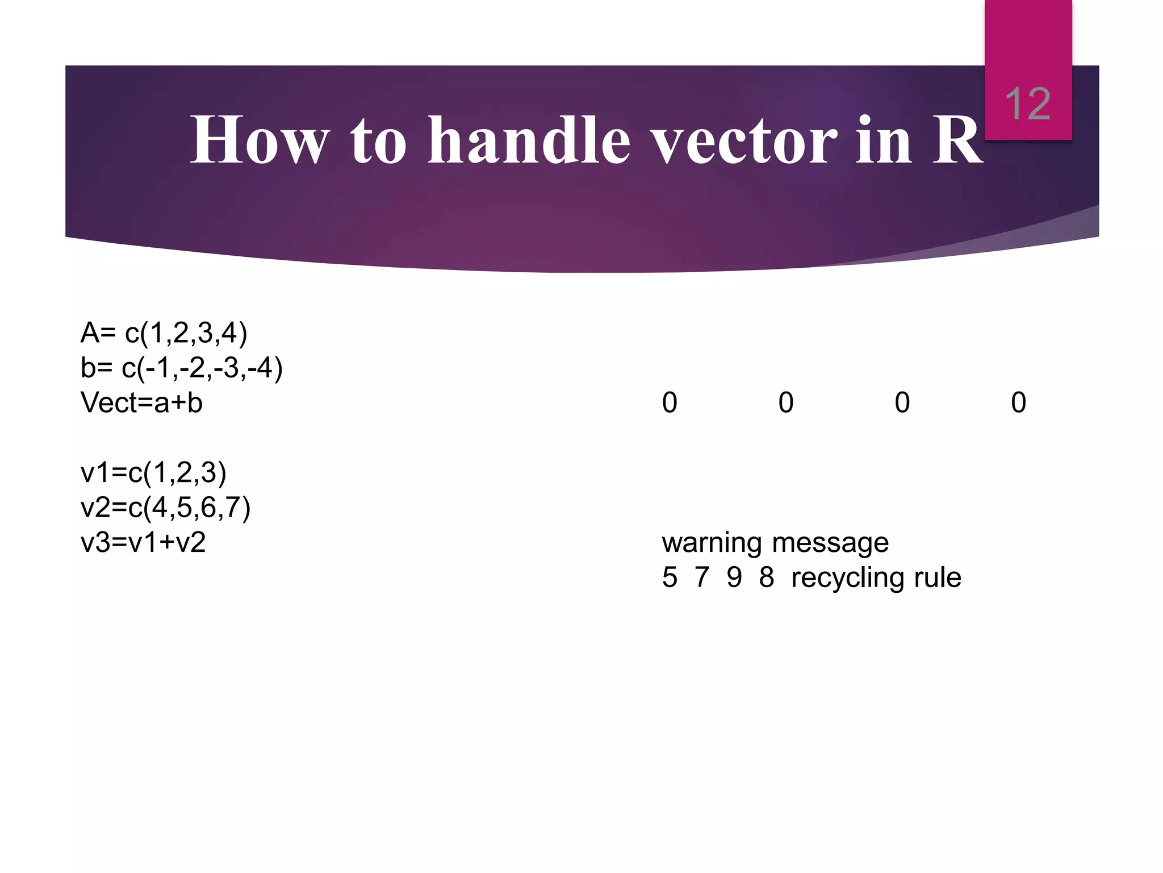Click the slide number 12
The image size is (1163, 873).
point(1027,105)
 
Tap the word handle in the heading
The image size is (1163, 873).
point(529,140)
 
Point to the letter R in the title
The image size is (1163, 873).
point(957,140)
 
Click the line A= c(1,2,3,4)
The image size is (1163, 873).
point(164,333)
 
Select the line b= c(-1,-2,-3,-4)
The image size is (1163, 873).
point(181,368)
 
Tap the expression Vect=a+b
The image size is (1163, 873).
point(141,403)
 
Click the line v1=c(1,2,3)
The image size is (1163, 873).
point(153,473)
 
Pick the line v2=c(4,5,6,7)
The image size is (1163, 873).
point(165,508)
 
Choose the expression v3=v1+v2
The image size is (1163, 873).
point(143,543)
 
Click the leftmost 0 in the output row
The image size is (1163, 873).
point(670,403)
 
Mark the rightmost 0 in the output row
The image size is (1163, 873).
point(1018,403)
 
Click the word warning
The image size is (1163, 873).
point(712,543)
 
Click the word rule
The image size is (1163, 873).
point(938,577)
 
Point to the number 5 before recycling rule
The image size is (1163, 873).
point(670,577)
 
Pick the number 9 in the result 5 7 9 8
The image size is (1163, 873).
point(734,577)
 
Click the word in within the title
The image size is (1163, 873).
point(884,140)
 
